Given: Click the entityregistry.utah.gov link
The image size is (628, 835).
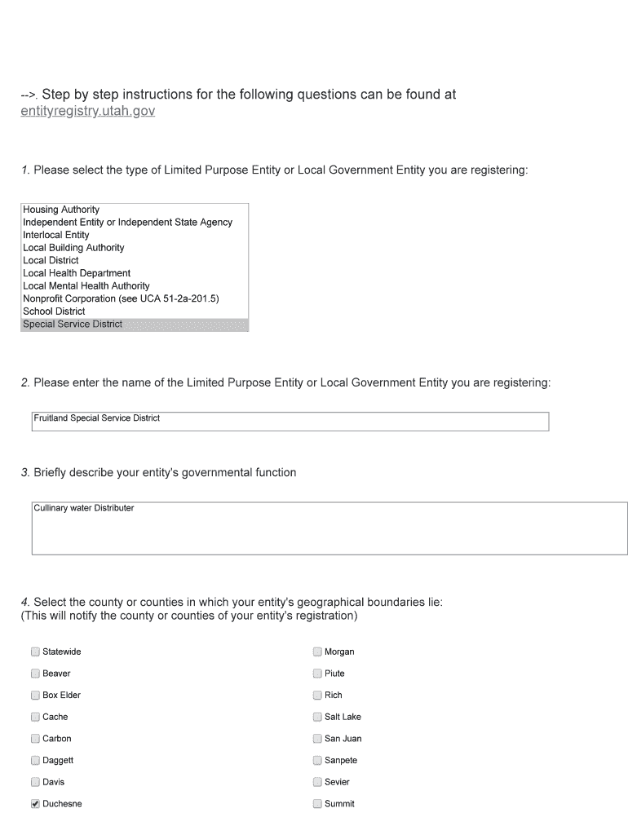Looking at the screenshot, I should (x=87, y=111).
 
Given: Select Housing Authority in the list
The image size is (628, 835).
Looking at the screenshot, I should (x=61, y=210).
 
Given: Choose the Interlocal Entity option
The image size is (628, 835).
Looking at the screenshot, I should (x=56, y=235).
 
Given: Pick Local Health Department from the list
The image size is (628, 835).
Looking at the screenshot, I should (x=77, y=273).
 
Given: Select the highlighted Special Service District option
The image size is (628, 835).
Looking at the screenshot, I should (x=73, y=324).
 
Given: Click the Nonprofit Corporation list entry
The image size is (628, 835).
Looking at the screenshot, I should (x=121, y=298).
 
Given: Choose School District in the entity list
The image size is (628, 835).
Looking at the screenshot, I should (x=54, y=311).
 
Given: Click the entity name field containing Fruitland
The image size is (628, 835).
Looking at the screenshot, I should (x=290, y=421).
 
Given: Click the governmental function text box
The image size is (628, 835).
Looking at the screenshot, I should (x=329, y=528).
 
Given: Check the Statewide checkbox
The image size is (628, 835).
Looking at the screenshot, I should (x=35, y=652).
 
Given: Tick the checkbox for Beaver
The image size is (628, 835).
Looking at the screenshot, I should (x=35, y=674).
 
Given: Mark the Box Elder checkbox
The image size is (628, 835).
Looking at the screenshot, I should (x=35, y=696).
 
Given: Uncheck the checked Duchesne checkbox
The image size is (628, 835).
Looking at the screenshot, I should (x=35, y=804).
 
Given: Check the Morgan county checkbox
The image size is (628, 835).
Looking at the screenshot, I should (x=317, y=652).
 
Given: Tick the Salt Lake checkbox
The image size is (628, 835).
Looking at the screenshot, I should (x=317, y=717).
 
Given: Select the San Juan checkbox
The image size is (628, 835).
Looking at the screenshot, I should (x=317, y=739).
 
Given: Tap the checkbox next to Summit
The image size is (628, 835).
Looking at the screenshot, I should (x=317, y=804).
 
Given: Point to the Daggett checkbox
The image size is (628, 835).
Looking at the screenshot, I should (x=35, y=761).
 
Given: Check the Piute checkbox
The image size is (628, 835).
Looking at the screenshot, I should (x=317, y=674).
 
